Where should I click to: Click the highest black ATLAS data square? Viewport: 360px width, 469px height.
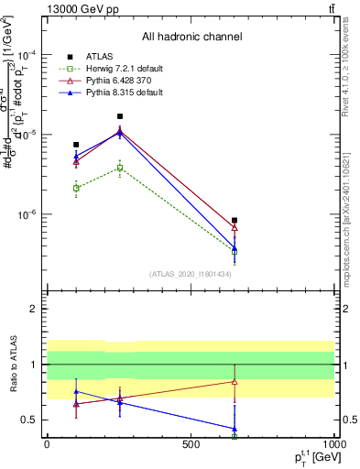point(120,116)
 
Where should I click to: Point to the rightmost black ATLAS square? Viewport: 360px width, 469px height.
point(235,221)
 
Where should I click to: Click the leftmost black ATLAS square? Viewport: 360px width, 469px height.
point(76,145)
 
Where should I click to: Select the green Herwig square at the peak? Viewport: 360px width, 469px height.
point(120,168)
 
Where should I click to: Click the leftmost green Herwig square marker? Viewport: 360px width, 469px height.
point(76,188)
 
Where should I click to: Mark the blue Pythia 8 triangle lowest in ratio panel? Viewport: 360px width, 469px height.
point(235,428)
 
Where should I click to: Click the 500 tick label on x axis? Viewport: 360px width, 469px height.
point(191,444)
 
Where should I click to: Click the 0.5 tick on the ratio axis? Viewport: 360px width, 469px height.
point(28,420)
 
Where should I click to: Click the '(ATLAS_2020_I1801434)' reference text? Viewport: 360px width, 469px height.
point(191,275)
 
